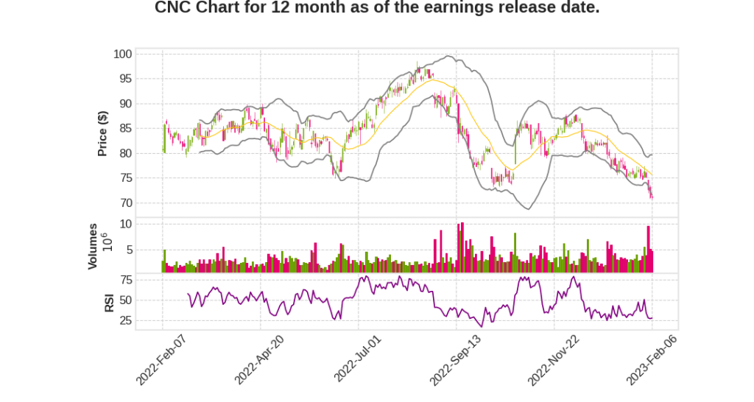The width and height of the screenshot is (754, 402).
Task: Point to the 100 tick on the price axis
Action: (123, 54)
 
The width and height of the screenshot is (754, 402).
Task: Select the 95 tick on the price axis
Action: (126, 79)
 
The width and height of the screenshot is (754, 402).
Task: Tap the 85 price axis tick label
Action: (126, 129)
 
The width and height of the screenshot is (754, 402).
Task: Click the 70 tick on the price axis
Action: (126, 203)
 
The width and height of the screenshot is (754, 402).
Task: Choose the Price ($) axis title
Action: (104, 133)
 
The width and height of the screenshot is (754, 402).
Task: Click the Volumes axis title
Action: (94, 246)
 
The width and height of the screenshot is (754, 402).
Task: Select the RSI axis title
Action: (109, 303)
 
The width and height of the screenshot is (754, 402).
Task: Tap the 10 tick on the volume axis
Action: (126, 224)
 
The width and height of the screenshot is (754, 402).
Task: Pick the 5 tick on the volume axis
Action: (129, 250)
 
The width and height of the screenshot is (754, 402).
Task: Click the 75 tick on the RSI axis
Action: (126, 280)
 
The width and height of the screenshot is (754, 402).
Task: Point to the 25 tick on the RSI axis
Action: (126, 321)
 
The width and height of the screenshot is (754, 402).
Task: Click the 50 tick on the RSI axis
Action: (126, 300)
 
